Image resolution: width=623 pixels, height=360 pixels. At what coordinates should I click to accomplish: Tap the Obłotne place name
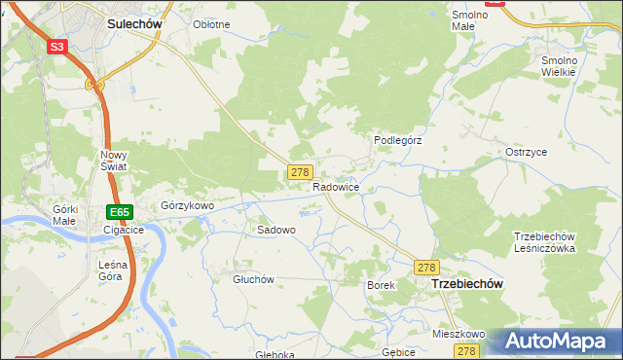coord(211,24)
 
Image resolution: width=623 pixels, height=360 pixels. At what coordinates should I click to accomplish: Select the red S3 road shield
coord(57,46)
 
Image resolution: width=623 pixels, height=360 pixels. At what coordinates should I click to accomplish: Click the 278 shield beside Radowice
coord(299,171)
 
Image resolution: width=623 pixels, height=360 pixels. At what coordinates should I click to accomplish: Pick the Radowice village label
coord(337,186)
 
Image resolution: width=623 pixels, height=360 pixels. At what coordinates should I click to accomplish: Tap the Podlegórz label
coord(397,140)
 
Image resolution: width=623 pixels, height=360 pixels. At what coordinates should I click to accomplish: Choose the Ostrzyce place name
coord(526,153)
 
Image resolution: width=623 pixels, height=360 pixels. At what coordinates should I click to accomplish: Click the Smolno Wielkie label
coord(559,65)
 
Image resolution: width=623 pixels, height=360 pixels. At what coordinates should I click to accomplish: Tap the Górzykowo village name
coord(187,205)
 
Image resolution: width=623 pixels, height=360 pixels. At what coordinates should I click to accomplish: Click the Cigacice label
coord(124,231)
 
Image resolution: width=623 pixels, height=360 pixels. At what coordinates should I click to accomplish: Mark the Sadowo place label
coord(275,231)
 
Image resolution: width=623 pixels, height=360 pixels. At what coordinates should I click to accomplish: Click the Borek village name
coord(381,285)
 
